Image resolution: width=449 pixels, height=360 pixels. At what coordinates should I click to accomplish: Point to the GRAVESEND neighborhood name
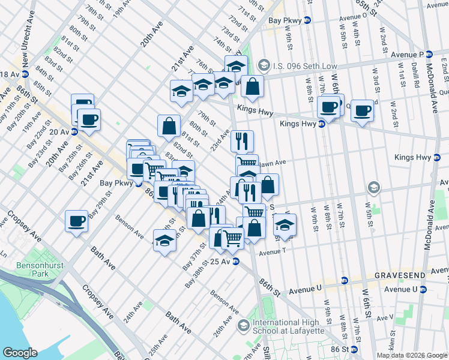coord(400,275)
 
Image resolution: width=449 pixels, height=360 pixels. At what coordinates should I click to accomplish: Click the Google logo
coord(20,353)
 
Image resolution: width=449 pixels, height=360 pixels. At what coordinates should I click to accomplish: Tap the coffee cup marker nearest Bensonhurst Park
coord(77,221)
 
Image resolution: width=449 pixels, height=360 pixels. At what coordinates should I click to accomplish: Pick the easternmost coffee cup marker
coord(362,110)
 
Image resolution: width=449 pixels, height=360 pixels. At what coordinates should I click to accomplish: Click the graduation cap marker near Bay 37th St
coord(163,241)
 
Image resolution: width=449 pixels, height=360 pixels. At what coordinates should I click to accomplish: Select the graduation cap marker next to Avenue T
coord(285,226)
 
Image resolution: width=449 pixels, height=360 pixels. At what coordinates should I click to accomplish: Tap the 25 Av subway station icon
coord(236,262)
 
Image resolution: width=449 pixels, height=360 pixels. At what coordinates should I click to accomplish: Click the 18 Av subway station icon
coord(25,74)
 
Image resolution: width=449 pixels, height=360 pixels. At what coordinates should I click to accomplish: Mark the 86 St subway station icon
coord(354,349)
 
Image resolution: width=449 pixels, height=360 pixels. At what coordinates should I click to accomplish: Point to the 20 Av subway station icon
coord(74,131)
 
